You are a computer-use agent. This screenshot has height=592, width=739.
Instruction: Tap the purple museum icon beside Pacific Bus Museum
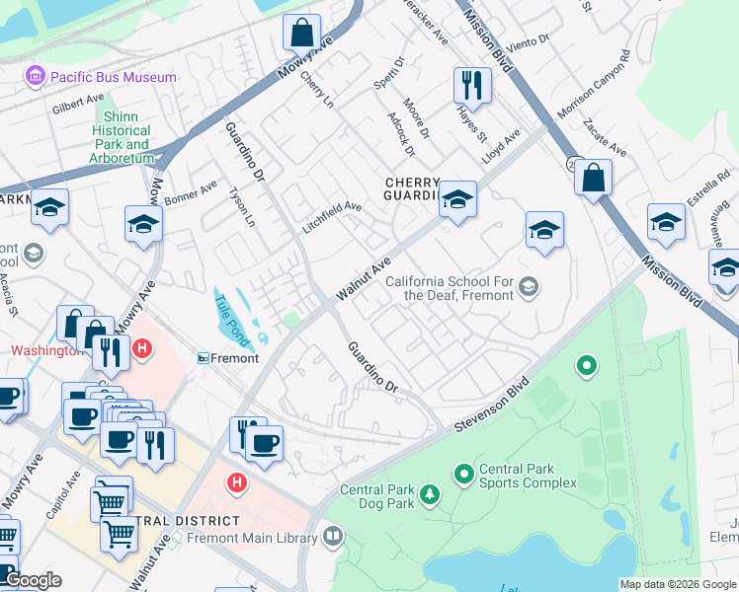36,77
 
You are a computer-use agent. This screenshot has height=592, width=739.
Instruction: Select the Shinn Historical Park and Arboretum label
123,137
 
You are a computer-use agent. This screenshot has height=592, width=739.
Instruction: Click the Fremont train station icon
205,358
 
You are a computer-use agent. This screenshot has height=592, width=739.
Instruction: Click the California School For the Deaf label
450,288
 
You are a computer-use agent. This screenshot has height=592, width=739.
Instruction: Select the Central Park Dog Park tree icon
430,492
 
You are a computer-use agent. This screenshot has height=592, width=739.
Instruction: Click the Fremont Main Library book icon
333,537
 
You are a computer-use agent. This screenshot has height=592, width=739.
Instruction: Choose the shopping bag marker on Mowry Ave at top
301,32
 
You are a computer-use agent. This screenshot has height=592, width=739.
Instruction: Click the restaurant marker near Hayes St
472,85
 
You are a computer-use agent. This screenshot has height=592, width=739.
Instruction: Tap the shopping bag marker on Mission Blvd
593,179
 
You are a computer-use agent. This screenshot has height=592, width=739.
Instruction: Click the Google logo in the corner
32,580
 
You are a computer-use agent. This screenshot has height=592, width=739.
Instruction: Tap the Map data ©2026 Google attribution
677,584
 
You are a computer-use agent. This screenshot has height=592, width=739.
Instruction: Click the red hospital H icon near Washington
142,348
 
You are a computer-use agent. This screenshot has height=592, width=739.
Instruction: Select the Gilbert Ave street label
80,104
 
